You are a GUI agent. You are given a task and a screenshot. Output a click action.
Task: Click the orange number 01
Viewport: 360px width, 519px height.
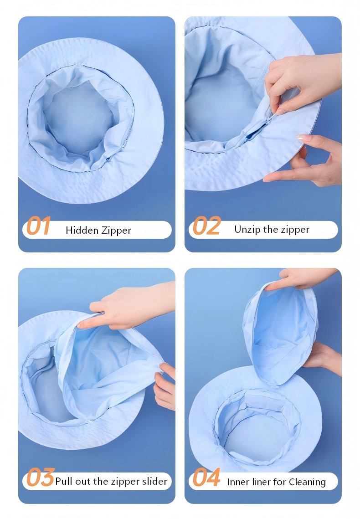pyautogui.click(x=38, y=226)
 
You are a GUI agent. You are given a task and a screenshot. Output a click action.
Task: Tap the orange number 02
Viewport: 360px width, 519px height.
pyautogui.click(x=206, y=226)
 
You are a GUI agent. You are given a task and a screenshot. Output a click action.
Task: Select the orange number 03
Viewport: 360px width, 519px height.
pyautogui.click(x=40, y=478)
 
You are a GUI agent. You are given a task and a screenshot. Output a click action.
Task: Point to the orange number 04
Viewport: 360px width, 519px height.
pyautogui.click(x=206, y=478)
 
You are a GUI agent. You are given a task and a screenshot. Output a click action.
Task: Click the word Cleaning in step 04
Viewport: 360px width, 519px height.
pyautogui.click(x=308, y=482)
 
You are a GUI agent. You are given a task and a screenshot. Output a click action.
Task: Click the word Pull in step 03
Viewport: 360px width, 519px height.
pyautogui.click(x=64, y=481)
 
